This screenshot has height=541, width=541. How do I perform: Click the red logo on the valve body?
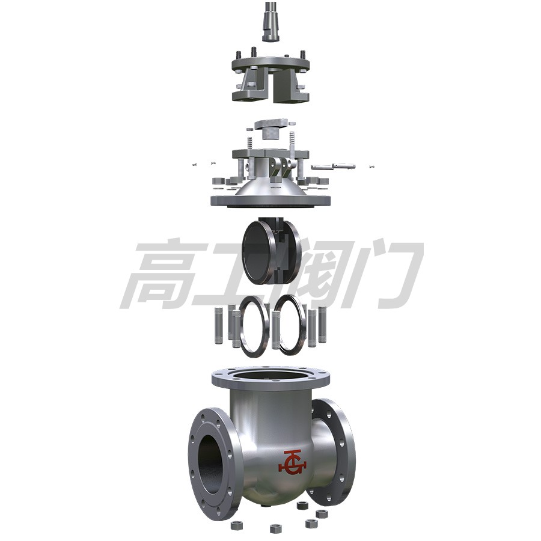click(x=292, y=462)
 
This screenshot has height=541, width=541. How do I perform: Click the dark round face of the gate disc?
click(x=257, y=252)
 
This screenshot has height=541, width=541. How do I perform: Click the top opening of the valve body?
click(x=270, y=375)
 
